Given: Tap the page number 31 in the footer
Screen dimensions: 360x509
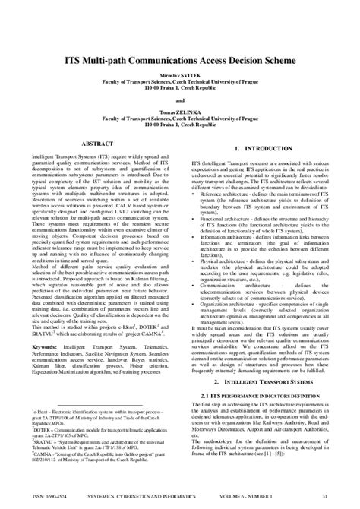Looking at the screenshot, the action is tap(324, 498).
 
